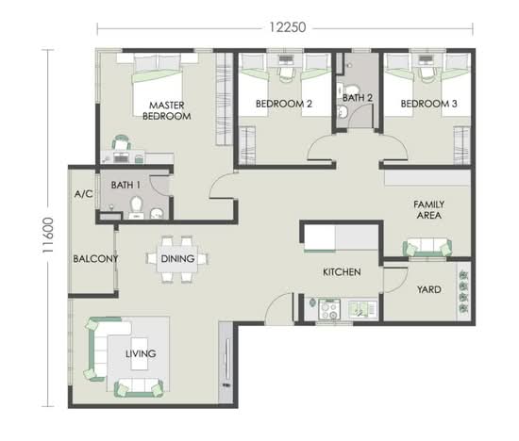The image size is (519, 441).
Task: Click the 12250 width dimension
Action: [x=288, y=27]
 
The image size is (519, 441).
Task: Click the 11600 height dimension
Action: [x=48, y=236]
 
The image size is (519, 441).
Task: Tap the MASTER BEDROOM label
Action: [x=166, y=111]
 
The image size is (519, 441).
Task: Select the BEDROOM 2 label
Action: [x=284, y=104]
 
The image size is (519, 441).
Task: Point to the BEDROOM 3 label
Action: [x=428, y=104]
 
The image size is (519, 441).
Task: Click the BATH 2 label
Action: [x=358, y=98]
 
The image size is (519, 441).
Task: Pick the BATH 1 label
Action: [x=126, y=185]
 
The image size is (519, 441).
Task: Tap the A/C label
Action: [x=83, y=194]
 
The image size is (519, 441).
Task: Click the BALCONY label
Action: [x=95, y=258]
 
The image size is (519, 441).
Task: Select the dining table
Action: [x=177, y=259]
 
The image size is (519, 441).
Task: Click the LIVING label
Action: [x=141, y=353]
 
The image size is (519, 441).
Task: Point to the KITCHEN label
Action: [x=342, y=272]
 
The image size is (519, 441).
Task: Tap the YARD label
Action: [x=428, y=290]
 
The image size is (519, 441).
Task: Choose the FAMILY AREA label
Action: [x=428, y=210]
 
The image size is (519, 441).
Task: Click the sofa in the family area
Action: [x=427, y=247]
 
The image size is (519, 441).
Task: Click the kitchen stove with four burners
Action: [x=329, y=309]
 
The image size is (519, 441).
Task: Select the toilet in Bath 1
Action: [x=136, y=206]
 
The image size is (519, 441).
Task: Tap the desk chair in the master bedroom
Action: [x=121, y=142]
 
